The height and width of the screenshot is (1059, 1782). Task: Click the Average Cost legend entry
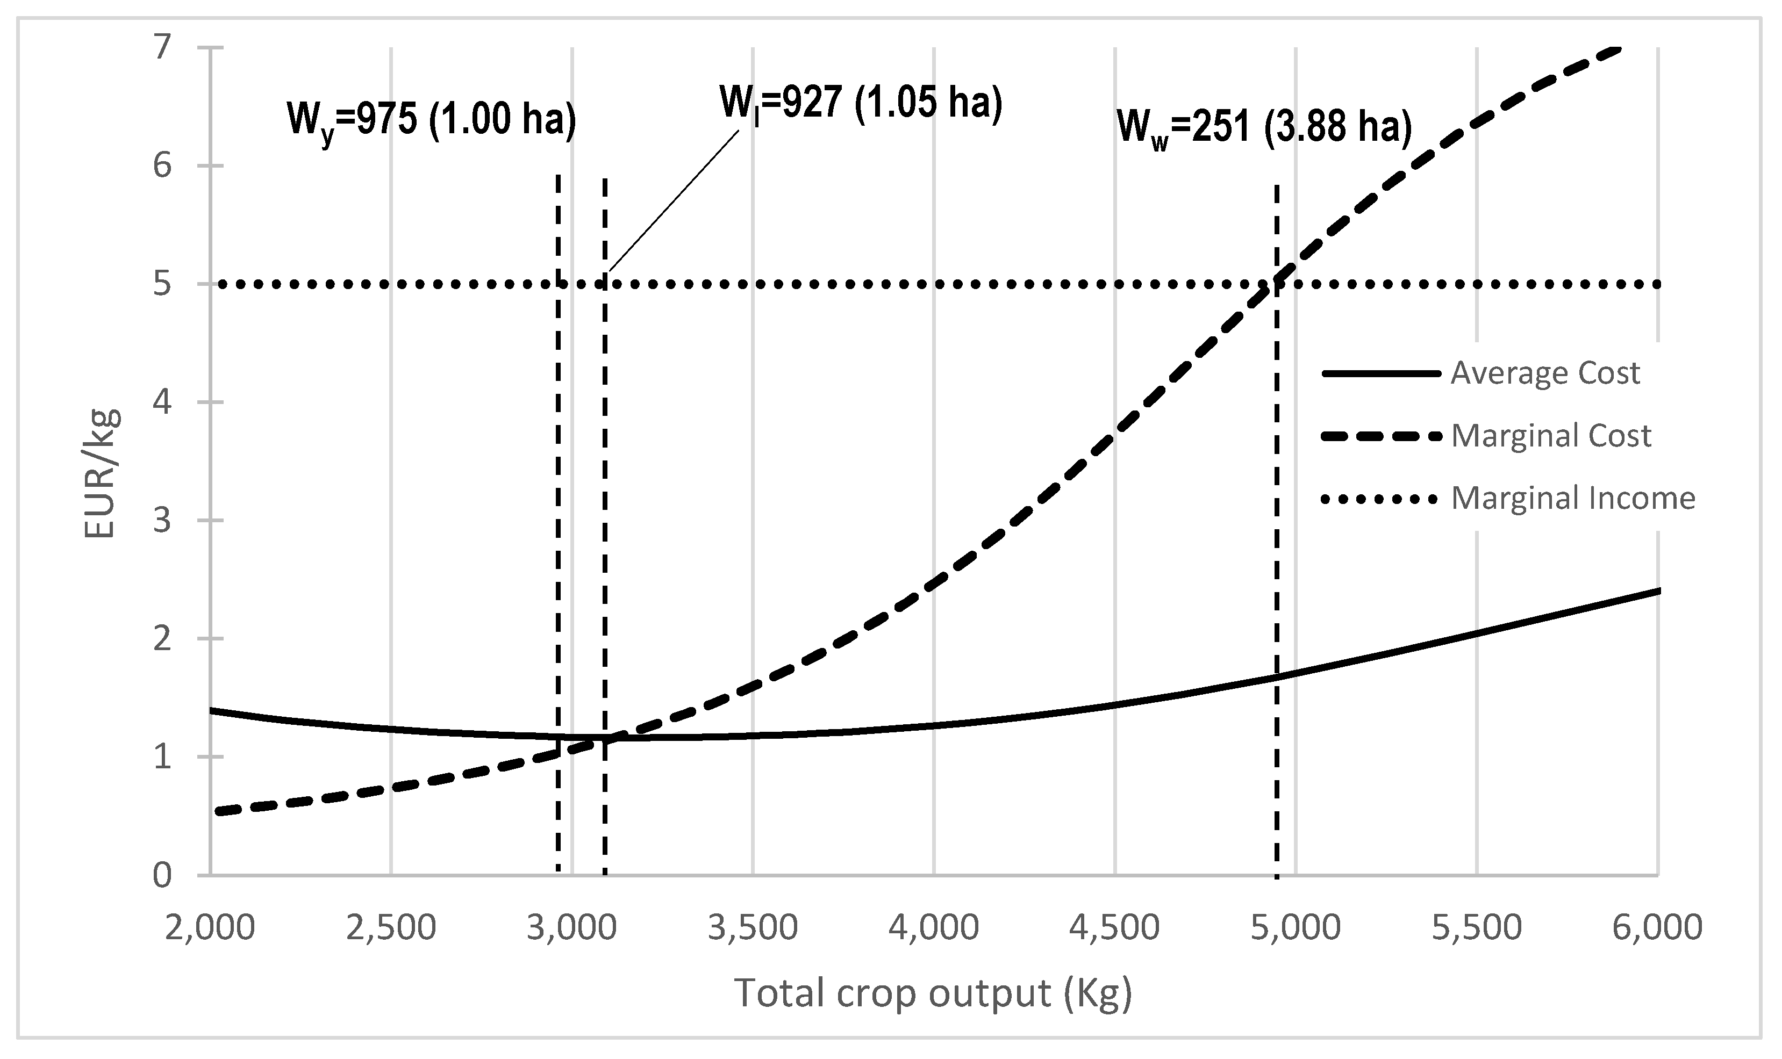click(1544, 373)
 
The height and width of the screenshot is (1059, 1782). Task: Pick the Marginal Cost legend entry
click(1551, 435)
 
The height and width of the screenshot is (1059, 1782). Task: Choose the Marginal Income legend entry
click(1573, 498)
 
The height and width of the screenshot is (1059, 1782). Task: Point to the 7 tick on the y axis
click(163, 48)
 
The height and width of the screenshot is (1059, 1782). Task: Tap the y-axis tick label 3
click(163, 520)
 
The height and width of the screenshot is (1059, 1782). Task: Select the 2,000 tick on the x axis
click(210, 928)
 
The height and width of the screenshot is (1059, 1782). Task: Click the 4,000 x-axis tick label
click(934, 928)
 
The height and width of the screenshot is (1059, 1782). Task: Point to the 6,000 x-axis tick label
click(1658, 928)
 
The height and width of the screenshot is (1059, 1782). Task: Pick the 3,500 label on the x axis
click(753, 928)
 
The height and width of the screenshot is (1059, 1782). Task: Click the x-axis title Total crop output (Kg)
click(934, 992)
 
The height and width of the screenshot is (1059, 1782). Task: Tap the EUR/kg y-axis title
click(101, 474)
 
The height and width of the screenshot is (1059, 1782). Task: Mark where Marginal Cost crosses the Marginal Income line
click(1275, 285)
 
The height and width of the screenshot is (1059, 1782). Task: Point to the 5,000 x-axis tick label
click(1296, 928)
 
